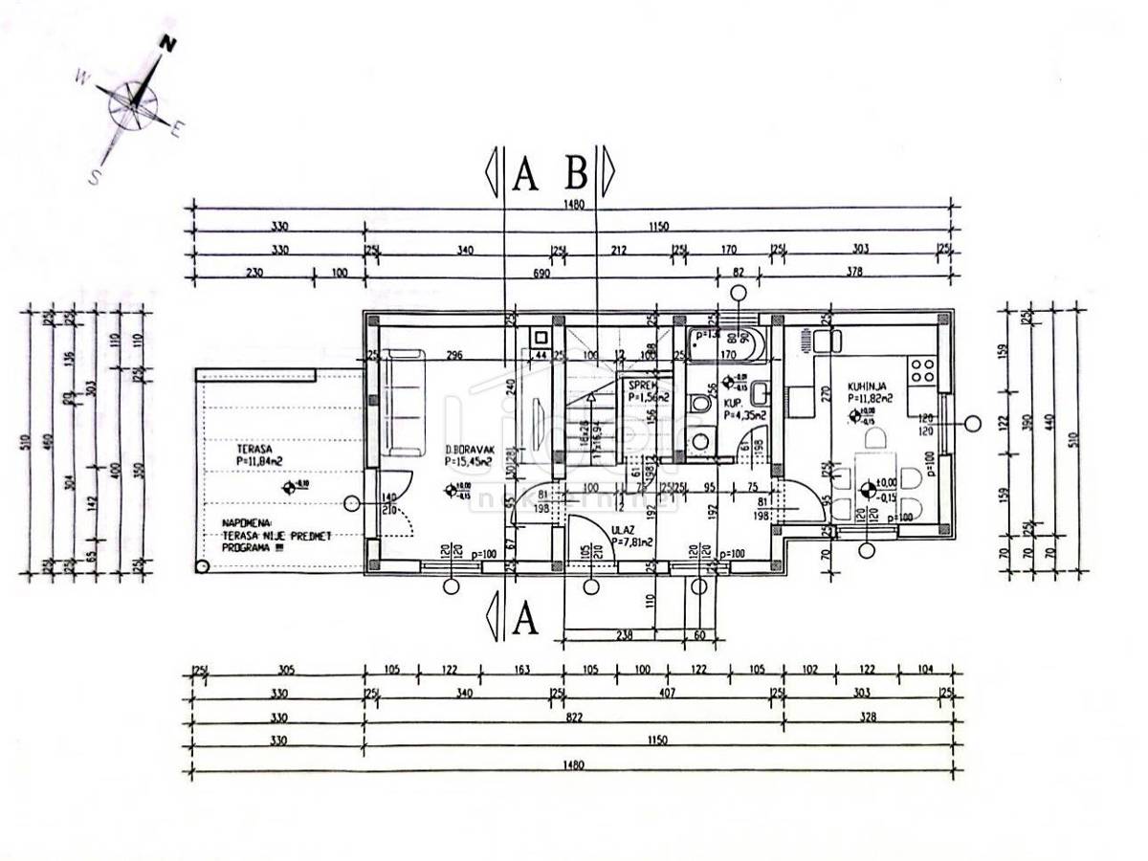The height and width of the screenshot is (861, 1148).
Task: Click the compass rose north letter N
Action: [169, 44]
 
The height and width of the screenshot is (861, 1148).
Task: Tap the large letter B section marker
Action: [576, 173]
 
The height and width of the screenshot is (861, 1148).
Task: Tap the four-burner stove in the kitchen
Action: [921, 369]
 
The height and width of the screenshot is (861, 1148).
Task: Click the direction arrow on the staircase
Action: [592, 397]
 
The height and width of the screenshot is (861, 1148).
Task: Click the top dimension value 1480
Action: [573, 204]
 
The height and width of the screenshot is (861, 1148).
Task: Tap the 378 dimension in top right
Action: [854, 273]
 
